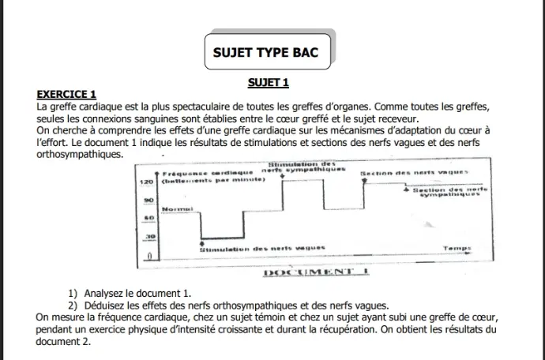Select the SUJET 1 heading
tap(269, 82)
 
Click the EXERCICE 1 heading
tap(67, 93)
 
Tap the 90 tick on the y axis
tap(147, 201)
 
